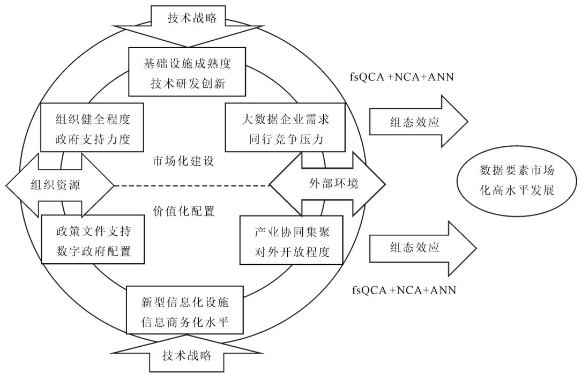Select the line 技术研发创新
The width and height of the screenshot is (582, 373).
186,84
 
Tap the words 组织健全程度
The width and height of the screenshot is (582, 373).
93,119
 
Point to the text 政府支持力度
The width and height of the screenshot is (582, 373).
93,139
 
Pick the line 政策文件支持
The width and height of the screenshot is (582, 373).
93,232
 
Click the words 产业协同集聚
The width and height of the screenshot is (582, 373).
292,232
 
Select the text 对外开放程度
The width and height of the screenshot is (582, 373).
292,251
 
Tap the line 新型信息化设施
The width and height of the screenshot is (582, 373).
185,303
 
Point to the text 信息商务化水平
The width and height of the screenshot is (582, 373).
185,322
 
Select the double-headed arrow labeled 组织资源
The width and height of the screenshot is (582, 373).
60,184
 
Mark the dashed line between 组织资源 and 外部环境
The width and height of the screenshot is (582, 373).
191,186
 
